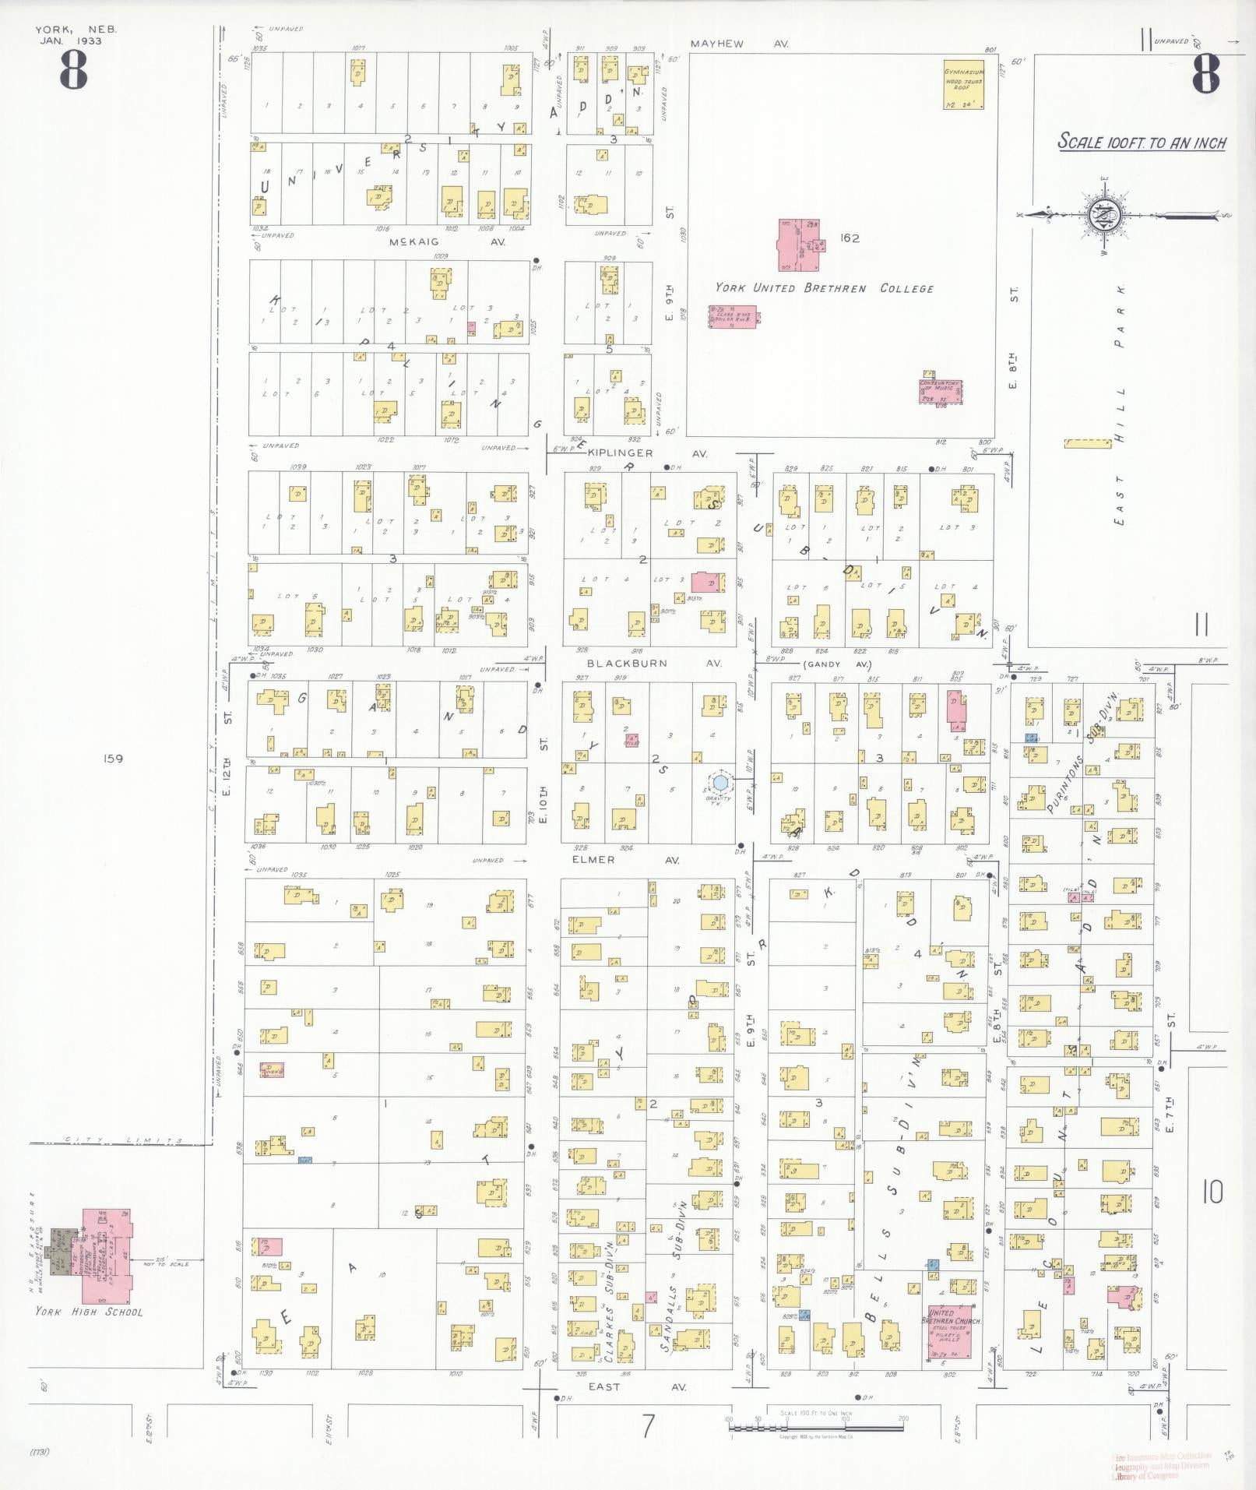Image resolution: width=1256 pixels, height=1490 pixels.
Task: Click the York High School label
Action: coord(89,1312)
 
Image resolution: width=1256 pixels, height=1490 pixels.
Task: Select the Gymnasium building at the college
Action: coord(964,84)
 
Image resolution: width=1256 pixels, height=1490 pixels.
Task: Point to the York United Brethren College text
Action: coord(824,288)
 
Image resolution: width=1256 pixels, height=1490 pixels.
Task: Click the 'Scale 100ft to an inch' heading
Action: coord(1141,143)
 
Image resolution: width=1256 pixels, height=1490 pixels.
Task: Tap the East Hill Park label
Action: coord(1120,404)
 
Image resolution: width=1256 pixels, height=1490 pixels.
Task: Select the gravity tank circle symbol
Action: coord(720,781)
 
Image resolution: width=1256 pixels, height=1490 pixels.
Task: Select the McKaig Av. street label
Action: coord(447,242)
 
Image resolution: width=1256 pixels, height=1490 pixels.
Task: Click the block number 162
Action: coord(849,238)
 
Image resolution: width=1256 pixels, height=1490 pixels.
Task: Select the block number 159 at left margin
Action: coord(113,759)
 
